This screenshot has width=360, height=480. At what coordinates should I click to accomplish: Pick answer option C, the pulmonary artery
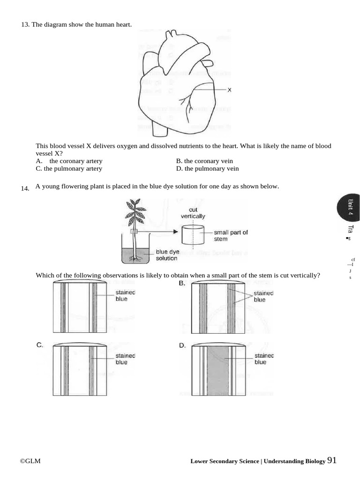[x=69, y=169]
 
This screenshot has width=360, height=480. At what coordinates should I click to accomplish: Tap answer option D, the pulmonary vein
[x=207, y=169]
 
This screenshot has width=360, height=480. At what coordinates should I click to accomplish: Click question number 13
[x=25, y=24]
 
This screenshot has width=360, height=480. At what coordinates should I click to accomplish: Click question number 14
[x=25, y=188]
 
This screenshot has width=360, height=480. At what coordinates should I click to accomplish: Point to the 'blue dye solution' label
[x=167, y=255]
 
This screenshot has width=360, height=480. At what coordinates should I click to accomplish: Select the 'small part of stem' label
[x=231, y=235]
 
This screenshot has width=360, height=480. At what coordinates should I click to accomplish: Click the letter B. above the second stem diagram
[x=182, y=284]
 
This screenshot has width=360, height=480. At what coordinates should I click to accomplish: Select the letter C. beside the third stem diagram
[x=40, y=345]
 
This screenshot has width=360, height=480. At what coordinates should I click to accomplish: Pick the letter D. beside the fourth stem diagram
[x=182, y=345]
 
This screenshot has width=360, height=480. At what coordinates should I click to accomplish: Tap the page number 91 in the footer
[x=332, y=460]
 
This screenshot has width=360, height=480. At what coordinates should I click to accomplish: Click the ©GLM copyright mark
[x=30, y=461]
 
